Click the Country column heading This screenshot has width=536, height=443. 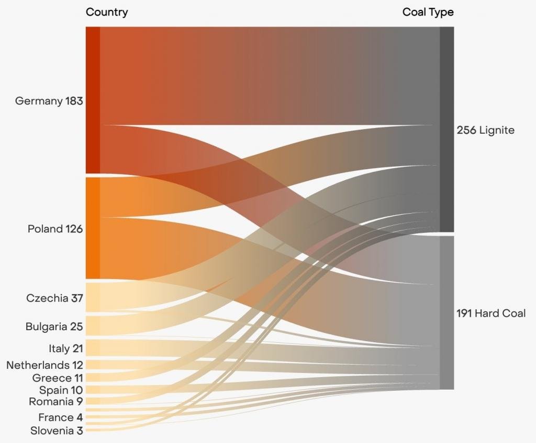coord(106,12)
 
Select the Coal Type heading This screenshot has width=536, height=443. coord(428,12)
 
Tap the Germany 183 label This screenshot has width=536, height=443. coord(49,101)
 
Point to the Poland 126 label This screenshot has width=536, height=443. coord(55,228)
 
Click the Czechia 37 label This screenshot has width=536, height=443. coord(54,298)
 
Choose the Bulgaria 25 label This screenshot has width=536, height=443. coord(54,327)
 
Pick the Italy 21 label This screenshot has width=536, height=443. coord(65,348)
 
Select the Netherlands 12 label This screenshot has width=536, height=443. coord(44,365)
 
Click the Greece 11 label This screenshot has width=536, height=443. coord(58,377)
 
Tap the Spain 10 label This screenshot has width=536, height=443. coord(61,390)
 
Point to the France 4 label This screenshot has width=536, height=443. coord(60,417)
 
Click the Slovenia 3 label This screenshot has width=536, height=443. coord(57,430)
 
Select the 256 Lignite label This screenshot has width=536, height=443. coord(485,130)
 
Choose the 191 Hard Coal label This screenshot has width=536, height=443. coord(491,313)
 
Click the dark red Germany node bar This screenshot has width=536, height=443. coord(93,99)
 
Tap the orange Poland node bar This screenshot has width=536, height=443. coord(93,228)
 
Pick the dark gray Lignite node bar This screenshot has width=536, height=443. coord(446,129)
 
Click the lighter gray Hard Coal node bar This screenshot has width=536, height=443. coord(446,312)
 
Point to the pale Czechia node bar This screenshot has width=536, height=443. coord(93,297)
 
